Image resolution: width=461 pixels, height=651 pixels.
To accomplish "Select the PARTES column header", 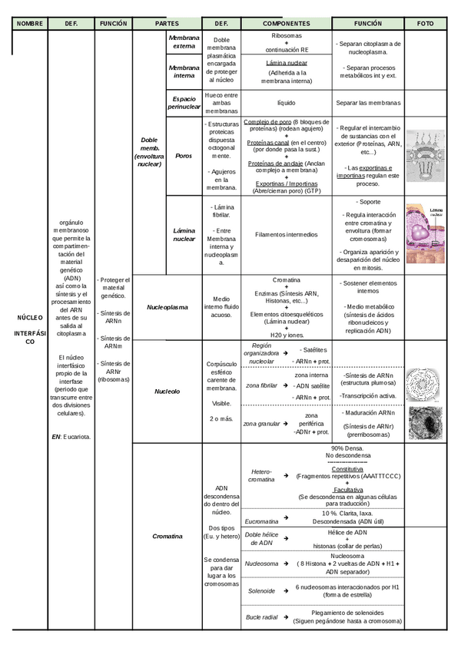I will (x=167, y=24).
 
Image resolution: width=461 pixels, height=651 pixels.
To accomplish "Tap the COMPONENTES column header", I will (x=287, y=24).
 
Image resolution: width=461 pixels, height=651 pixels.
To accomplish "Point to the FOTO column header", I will (x=425, y=24).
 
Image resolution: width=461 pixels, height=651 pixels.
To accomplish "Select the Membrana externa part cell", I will (x=184, y=41).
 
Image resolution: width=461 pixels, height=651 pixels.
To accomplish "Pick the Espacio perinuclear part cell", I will (x=184, y=103).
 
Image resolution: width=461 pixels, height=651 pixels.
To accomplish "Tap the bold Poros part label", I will (x=184, y=156).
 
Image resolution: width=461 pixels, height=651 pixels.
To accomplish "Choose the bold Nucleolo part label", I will (x=167, y=391).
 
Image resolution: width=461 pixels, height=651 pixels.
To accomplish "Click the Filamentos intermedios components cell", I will (x=287, y=234).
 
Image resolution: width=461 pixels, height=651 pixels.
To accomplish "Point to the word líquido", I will (x=287, y=102).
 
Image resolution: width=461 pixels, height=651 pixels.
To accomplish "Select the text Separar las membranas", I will (x=368, y=102).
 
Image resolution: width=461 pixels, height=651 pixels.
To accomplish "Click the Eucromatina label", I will (x=262, y=519).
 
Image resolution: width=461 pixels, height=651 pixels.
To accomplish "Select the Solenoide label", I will (x=261, y=591).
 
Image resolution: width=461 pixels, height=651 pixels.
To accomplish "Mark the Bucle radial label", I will (x=262, y=617).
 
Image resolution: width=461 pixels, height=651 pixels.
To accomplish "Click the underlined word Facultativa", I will (x=348, y=489).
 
